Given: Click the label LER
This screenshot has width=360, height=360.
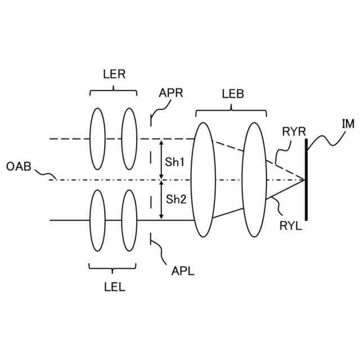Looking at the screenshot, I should click(x=114, y=75).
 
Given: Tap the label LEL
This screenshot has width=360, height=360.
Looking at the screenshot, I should click(x=114, y=286).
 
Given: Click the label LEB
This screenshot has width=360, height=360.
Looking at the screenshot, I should click(x=232, y=94).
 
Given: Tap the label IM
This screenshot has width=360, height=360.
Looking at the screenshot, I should click(x=347, y=123).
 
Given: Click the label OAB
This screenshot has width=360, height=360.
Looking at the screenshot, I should click(x=19, y=166).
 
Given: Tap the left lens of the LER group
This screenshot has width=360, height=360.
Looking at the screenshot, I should click(x=97, y=138).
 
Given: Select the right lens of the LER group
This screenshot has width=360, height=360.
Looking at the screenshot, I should click(x=129, y=138).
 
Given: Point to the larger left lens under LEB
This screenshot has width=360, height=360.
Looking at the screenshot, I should click(x=204, y=179).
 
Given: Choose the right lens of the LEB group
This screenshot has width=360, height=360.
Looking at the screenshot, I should click(x=254, y=179).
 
